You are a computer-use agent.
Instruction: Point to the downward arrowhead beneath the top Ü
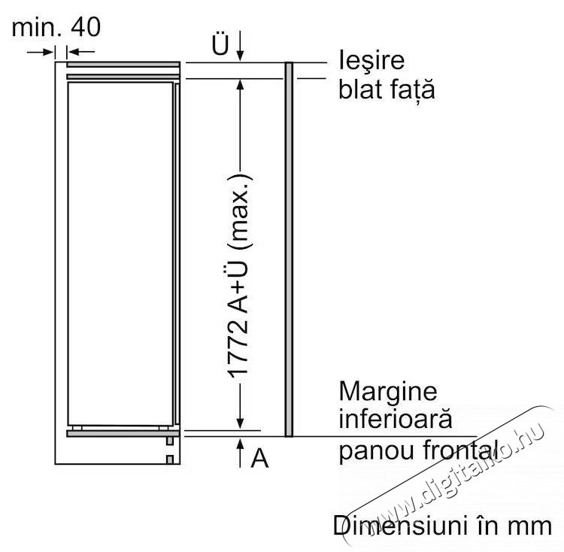240,55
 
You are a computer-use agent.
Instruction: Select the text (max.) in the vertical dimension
240,208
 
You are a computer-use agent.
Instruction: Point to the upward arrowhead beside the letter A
240,444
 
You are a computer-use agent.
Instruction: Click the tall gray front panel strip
288,248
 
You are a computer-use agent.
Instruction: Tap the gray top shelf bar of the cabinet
123,74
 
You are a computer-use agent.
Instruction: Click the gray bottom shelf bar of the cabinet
123,433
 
